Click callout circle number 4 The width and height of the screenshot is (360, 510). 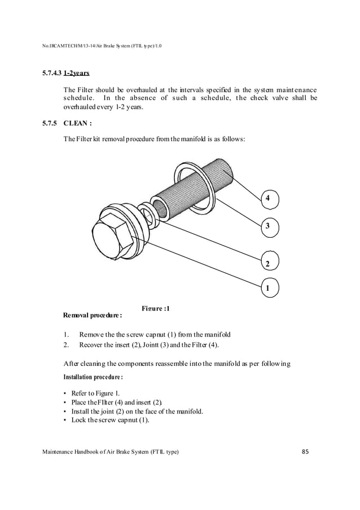(x=267, y=198)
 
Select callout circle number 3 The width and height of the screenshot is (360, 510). (x=267, y=226)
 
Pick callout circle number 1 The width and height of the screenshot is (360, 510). (x=268, y=289)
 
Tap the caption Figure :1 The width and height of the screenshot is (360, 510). (x=155, y=308)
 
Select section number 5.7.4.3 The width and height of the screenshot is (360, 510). (x=50, y=73)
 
